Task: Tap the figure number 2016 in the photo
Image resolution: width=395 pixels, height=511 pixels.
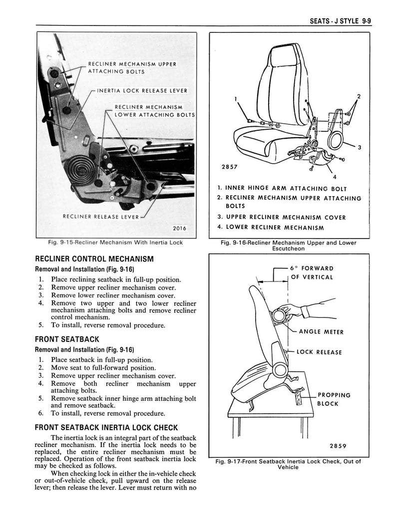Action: coord(179,229)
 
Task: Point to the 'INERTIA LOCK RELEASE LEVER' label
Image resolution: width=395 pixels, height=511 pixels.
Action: coord(142,91)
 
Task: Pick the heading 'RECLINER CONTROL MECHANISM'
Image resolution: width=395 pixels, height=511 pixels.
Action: coord(94,259)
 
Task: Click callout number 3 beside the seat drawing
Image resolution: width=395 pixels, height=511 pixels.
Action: coord(359,147)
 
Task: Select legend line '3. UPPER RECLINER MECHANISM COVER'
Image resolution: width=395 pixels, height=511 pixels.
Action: coord(282,218)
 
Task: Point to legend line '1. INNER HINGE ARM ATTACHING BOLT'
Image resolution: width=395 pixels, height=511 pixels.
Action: coord(282,189)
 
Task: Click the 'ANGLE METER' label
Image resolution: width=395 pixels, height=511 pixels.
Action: coord(321,332)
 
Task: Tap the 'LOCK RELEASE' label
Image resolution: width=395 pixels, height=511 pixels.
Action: coord(319,352)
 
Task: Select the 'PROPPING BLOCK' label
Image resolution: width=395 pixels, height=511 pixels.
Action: coord(334,399)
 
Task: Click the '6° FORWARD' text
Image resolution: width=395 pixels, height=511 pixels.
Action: coord(312,268)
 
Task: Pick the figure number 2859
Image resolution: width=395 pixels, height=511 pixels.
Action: coord(339,446)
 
